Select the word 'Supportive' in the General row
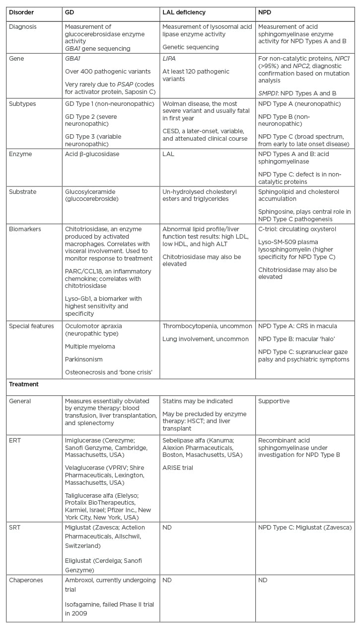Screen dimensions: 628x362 (x=274, y=401)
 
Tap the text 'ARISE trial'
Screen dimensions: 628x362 (x=178, y=467)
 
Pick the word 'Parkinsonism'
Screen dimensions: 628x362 (x=83, y=359)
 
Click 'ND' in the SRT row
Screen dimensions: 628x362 (x=167, y=527)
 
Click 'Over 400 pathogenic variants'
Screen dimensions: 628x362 (x=108, y=71)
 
